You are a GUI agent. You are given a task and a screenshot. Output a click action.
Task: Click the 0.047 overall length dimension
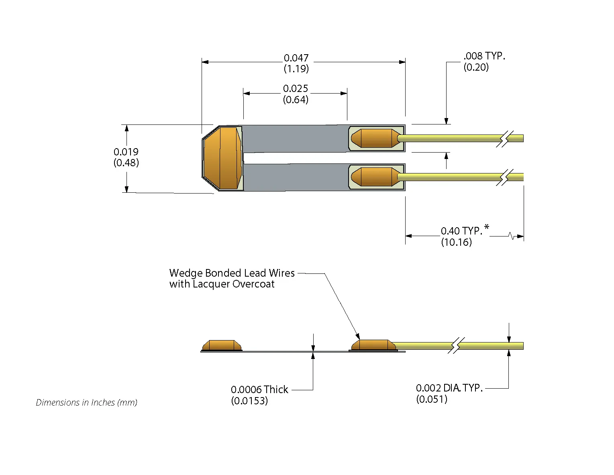296,58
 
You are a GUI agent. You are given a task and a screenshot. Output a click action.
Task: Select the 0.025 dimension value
296,89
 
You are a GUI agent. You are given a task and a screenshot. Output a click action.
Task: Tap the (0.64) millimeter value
296,100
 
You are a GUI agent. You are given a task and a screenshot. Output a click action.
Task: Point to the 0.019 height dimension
126,152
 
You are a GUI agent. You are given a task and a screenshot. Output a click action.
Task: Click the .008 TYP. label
484,56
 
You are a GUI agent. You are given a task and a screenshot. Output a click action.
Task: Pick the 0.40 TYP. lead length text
461,231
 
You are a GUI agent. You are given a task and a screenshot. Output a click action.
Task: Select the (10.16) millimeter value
456,242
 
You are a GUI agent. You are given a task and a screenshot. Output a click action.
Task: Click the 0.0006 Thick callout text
259,389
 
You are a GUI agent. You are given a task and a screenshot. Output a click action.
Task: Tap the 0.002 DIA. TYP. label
449,388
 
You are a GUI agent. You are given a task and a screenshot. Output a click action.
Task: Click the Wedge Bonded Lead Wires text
232,273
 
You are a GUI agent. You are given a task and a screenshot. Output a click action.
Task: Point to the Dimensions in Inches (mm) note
86,402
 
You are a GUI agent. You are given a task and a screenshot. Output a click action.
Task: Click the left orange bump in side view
222,345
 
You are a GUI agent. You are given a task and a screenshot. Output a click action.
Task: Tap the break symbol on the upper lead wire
504,139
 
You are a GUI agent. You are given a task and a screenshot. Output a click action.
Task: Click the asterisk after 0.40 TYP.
487,228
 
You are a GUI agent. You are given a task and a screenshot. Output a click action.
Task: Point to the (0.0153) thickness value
249,401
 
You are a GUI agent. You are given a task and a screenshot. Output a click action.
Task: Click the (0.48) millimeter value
126,163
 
